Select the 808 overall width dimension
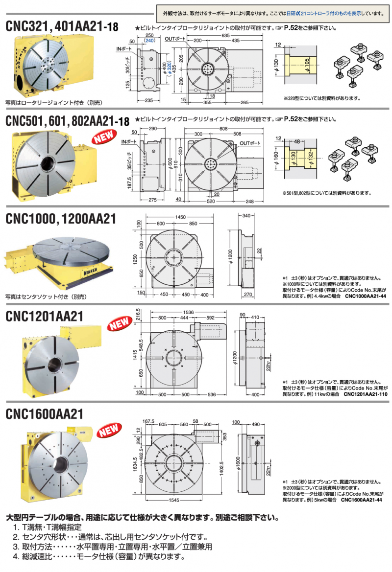[x=223, y=128]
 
